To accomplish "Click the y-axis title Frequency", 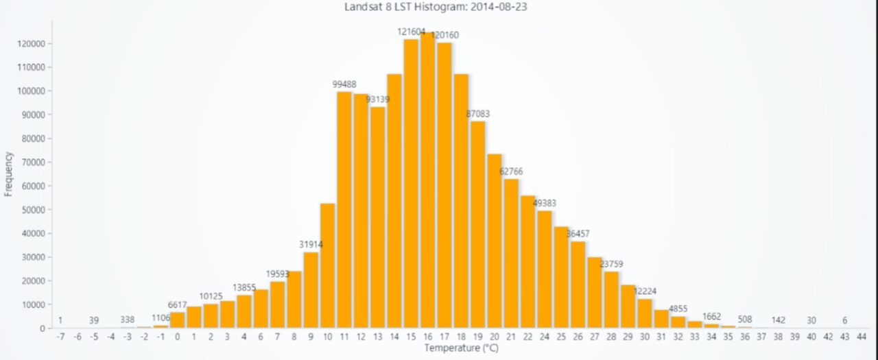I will tap(9, 174).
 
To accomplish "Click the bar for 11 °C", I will tap(344, 209).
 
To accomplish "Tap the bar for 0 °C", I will tap(177, 320).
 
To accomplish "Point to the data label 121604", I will tap(412, 32).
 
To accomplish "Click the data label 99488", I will tap(344, 84).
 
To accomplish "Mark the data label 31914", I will tap(311, 244).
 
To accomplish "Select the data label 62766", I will tap(511, 171).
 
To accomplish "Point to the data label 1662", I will tap(712, 316).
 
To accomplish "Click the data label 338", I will tap(127, 320).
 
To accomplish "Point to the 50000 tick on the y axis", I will tap(33, 210).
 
